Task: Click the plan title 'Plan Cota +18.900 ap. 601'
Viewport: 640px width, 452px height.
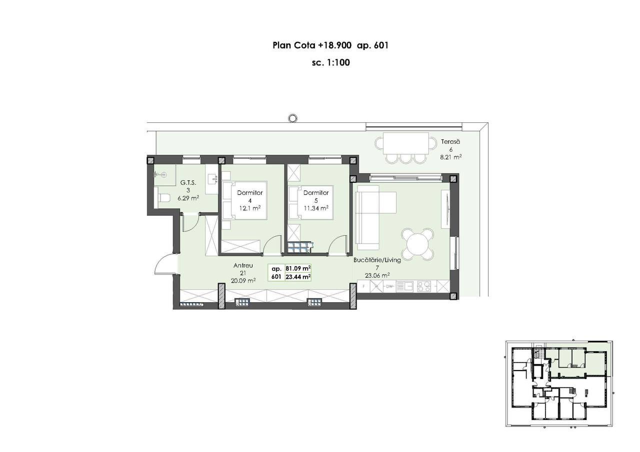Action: (330, 45)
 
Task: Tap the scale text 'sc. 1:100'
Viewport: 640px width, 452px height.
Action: (331, 62)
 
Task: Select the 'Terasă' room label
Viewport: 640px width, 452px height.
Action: (450, 141)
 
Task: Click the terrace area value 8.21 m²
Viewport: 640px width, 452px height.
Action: (451, 157)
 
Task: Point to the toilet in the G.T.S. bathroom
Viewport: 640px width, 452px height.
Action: (163, 197)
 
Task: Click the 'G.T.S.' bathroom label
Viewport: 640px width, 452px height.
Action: (188, 183)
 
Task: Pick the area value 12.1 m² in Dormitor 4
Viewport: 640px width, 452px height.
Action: (249, 208)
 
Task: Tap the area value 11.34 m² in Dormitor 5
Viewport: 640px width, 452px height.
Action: (315, 208)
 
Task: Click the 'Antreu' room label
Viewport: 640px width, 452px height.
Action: (243, 265)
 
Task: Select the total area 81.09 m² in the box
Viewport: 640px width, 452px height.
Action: (298, 269)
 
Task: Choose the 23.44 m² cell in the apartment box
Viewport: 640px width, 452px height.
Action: (298, 277)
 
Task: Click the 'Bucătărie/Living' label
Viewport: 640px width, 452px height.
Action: (377, 260)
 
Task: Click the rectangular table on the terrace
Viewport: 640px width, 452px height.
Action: (405, 143)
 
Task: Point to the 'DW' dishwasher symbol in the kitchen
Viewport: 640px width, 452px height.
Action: (389, 287)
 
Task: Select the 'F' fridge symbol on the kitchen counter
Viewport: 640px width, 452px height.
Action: (363, 287)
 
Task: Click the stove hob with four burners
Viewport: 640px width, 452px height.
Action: (424, 287)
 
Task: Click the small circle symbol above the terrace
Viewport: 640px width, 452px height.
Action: (291, 117)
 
